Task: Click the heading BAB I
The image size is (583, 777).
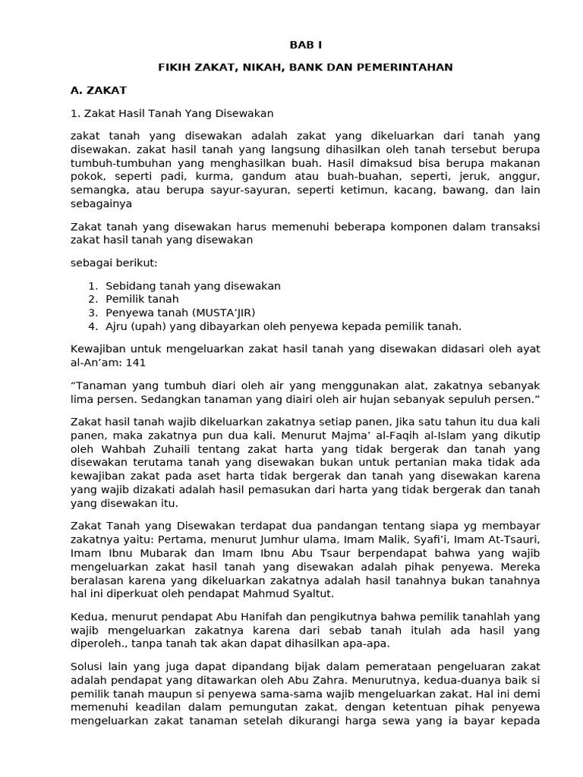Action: pyautogui.click(x=305, y=46)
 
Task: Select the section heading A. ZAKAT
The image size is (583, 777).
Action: pyautogui.click(x=98, y=90)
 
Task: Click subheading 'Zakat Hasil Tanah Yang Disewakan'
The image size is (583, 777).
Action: pyautogui.click(x=172, y=113)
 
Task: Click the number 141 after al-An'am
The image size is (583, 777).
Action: pyautogui.click(x=136, y=363)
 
